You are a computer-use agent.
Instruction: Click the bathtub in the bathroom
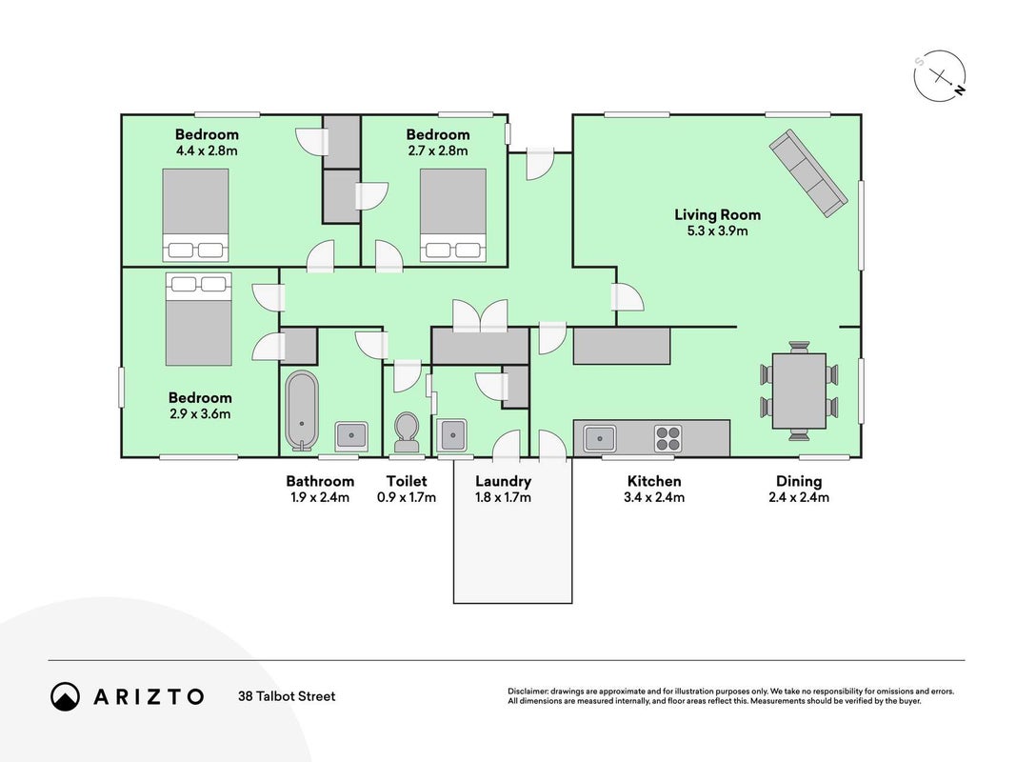pyautogui.click(x=302, y=411)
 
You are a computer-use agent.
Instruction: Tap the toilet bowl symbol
pyautogui.click(x=407, y=432)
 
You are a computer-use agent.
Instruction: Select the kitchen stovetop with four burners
pyautogui.click(x=667, y=438)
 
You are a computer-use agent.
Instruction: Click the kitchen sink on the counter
pyautogui.click(x=599, y=439)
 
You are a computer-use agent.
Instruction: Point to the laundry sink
pyautogui.click(x=451, y=435)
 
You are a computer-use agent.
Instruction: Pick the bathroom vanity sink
pyautogui.click(x=351, y=436)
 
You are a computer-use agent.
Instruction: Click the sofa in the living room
pyautogui.click(x=808, y=173)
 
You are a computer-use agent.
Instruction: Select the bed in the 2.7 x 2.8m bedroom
pyautogui.click(x=453, y=215)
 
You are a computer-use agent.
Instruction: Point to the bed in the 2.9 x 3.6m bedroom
pyautogui.click(x=198, y=319)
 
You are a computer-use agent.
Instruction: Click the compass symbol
pyautogui.click(x=940, y=76)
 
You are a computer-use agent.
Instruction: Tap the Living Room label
pyautogui.click(x=717, y=214)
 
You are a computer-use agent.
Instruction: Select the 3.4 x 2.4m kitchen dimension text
pyautogui.click(x=654, y=497)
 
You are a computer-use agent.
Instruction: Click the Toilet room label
pyautogui.click(x=407, y=481)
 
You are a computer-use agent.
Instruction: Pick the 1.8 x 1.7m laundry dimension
pyautogui.click(x=503, y=497)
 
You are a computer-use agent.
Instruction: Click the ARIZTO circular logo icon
pyautogui.click(x=66, y=696)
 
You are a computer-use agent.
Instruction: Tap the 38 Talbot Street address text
pyautogui.click(x=287, y=696)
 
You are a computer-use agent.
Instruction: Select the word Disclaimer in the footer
pyautogui.click(x=528, y=692)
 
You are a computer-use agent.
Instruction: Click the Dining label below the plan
pyautogui.click(x=799, y=481)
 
